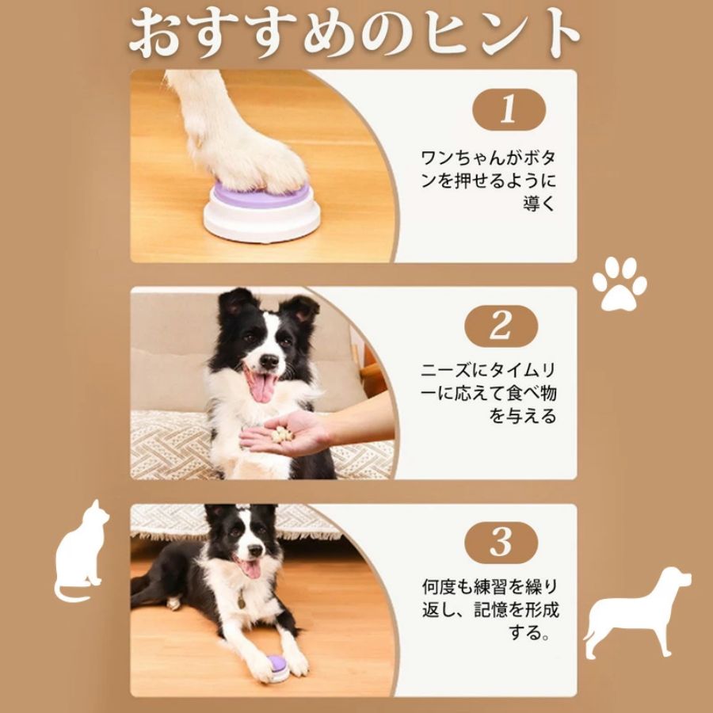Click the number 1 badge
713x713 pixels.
(509, 109)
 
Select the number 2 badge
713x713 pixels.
(501, 326)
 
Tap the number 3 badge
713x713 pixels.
(501, 543)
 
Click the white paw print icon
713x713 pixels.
(620, 284)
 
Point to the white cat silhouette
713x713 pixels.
(81, 551)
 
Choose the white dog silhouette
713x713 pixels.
(637, 612)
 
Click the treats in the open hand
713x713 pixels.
(282, 434)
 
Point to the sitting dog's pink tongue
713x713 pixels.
(262, 387)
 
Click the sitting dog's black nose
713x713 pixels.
(269, 361)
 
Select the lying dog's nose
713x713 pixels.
(255, 551)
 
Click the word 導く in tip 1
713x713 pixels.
(539, 204)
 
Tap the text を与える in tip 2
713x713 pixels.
(523, 416)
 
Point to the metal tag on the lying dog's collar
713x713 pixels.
(242, 601)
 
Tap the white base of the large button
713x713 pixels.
(261, 220)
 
